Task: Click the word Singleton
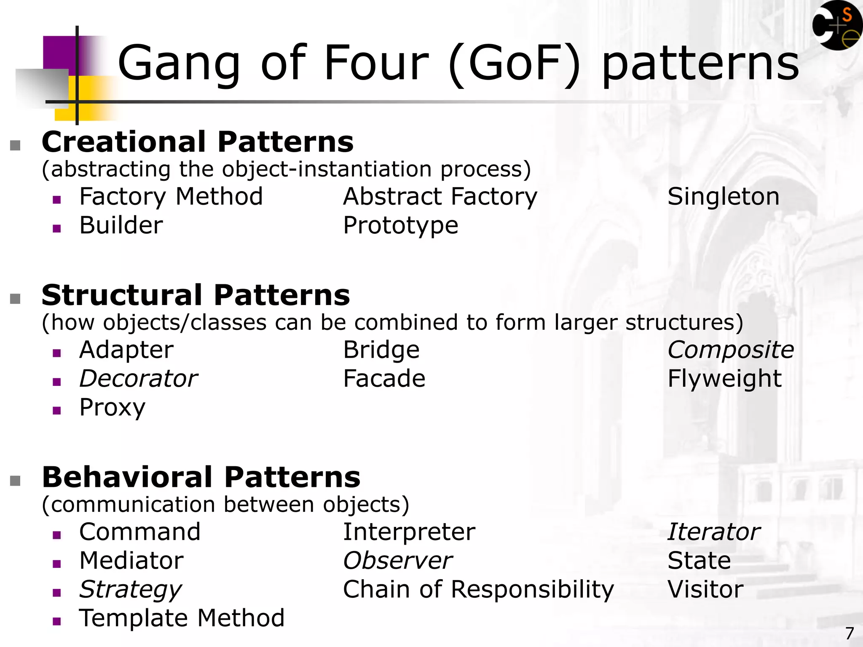(x=723, y=197)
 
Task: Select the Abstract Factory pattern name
(x=440, y=197)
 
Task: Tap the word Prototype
(x=400, y=226)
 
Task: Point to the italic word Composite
(x=730, y=350)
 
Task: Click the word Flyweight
(x=724, y=379)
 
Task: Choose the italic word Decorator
(x=138, y=379)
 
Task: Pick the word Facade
(x=384, y=379)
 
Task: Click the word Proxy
(x=112, y=408)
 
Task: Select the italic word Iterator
(x=714, y=532)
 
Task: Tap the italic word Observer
(x=397, y=561)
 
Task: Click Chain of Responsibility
(x=478, y=590)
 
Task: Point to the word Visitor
(x=705, y=590)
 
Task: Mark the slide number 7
(x=850, y=634)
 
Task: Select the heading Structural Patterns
(x=196, y=295)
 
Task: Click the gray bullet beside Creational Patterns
(x=16, y=146)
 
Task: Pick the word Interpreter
(x=409, y=532)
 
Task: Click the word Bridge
(x=381, y=350)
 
